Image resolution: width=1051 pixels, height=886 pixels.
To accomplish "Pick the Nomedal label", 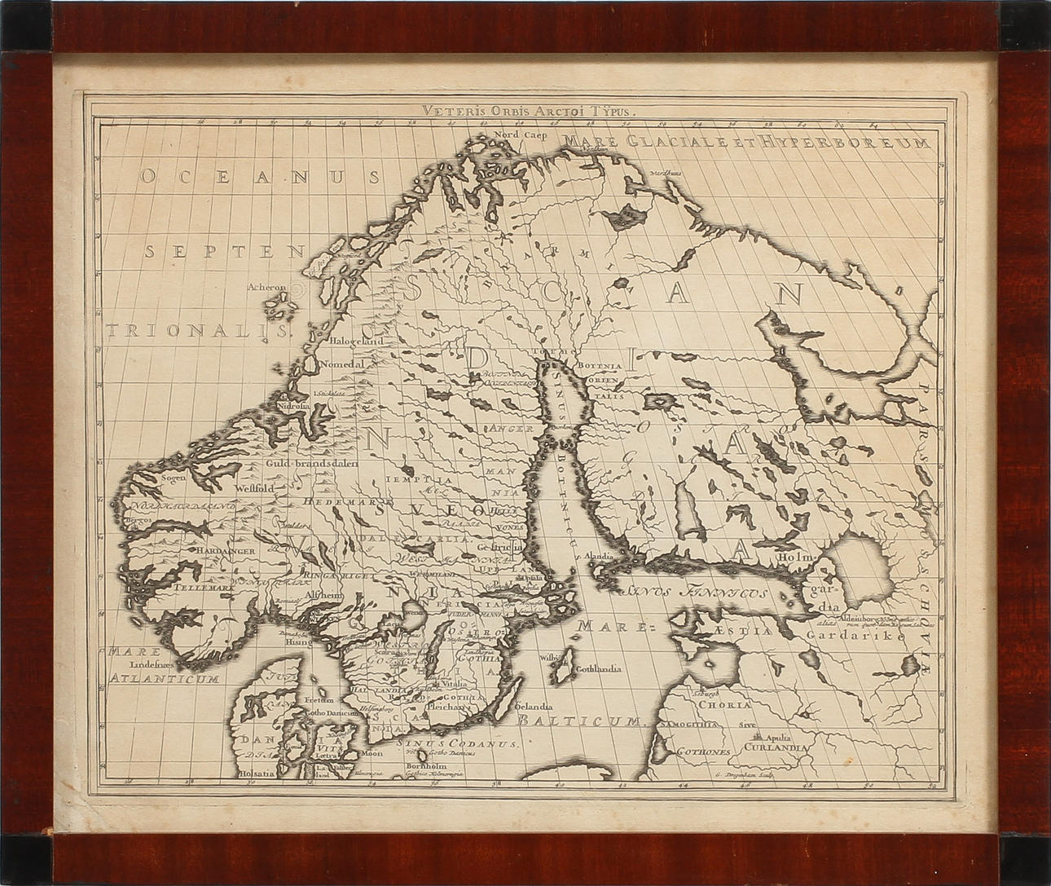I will (x=341, y=364).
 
